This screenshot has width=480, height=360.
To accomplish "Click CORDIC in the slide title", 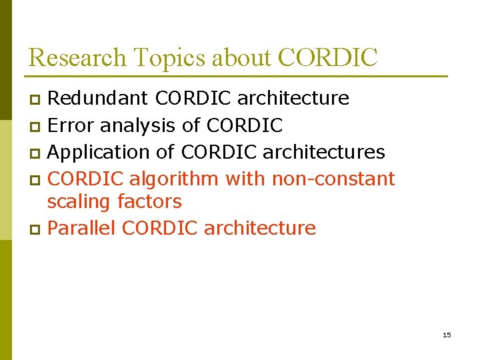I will point(327,58).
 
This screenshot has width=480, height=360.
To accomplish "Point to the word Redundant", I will point(99,99).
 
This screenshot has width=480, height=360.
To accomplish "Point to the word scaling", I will point(79,201).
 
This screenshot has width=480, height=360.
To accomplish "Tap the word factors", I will point(149,201).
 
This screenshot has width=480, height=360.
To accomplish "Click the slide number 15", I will point(447,335).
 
